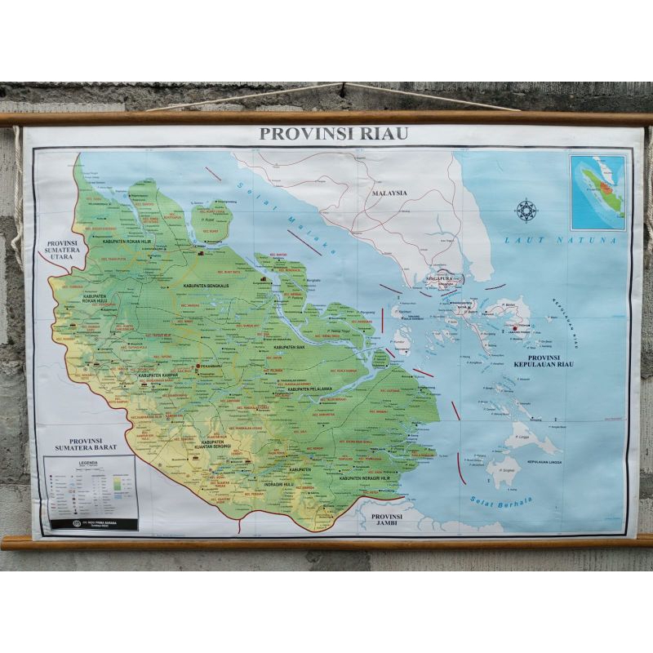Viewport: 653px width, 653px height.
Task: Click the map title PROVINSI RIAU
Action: pos(333,134)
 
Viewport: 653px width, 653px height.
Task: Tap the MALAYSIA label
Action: pos(389,193)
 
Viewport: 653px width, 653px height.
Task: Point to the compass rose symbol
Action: pos(526,211)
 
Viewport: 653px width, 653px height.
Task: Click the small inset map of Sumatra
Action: pos(597,193)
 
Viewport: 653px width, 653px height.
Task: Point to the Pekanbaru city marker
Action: pos(197,367)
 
